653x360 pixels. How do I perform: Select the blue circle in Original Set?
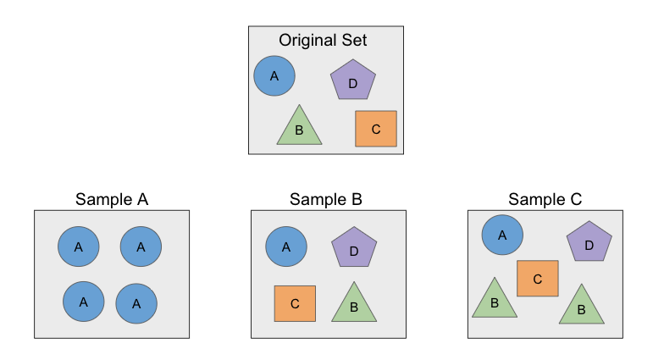(274, 76)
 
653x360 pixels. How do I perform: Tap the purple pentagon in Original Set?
(353, 80)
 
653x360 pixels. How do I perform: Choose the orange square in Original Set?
(376, 129)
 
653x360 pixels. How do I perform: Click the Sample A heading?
(112, 200)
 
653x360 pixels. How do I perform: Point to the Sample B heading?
(326, 200)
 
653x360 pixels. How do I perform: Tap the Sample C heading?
(545, 200)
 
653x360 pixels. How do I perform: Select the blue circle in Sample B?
(286, 246)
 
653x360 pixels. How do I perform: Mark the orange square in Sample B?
(295, 303)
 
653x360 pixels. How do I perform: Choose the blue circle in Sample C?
(502, 235)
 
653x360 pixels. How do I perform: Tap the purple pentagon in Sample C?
(589, 242)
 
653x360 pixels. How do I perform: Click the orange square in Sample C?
(538, 278)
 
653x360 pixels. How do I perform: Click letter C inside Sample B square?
(295, 303)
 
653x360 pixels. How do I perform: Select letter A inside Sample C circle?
(502, 235)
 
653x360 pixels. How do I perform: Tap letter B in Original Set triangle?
(299, 131)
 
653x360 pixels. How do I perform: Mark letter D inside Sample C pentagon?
(589, 245)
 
